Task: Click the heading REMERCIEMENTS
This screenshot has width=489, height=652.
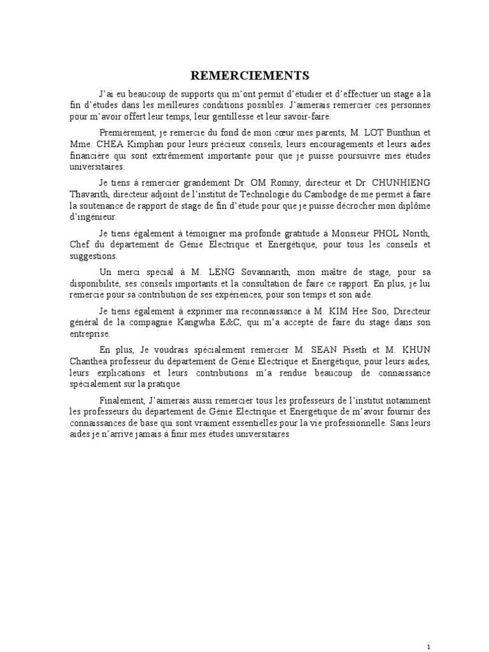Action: pyautogui.click(x=244, y=74)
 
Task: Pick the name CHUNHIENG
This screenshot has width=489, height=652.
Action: pyautogui.click(x=400, y=182)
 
